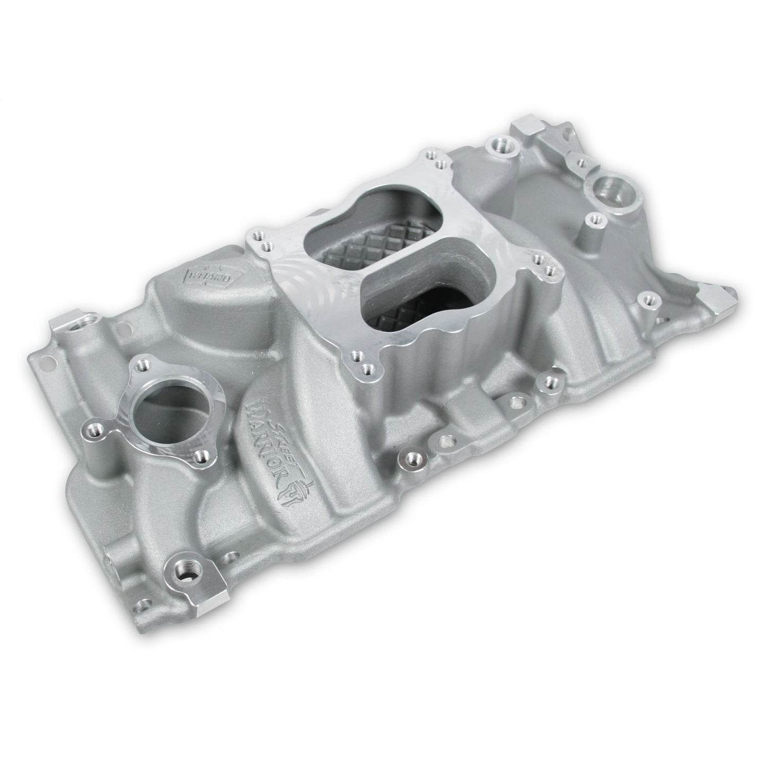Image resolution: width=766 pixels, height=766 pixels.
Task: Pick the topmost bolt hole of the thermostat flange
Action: (x=142, y=365)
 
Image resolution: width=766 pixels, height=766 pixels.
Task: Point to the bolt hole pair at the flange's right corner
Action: (x=543, y=262)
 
